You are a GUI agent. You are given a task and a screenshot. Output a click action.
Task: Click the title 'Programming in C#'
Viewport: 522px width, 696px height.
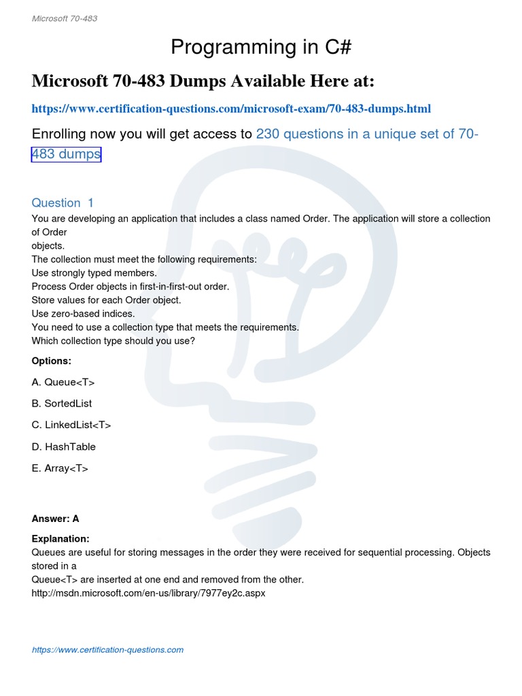261,48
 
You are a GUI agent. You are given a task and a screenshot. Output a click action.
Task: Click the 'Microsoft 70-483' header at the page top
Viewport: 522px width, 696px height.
65,18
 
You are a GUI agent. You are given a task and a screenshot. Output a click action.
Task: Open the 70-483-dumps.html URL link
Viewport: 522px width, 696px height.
231,109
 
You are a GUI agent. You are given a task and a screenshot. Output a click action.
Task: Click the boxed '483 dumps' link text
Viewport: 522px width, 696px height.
66,154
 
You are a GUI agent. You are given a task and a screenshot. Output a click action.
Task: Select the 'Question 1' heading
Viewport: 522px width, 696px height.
63,203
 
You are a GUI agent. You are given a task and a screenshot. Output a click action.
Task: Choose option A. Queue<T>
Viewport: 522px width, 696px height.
63,382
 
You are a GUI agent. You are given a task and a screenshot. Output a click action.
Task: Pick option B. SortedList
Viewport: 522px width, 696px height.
62,404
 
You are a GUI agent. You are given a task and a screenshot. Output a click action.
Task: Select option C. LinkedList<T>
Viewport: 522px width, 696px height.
71,425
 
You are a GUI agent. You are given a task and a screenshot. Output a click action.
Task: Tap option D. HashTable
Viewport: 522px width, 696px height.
64,447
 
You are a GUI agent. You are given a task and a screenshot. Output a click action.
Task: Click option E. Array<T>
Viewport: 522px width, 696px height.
60,469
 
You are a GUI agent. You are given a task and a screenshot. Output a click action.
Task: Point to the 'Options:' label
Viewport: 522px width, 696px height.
52,361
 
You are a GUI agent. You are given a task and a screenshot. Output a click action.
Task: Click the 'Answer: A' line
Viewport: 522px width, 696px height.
56,519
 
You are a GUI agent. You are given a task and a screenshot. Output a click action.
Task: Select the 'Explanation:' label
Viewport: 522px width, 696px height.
60,539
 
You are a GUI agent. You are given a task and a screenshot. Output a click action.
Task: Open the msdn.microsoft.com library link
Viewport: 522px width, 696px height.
148,593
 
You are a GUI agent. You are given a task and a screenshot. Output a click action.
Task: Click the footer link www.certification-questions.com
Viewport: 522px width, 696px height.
107,650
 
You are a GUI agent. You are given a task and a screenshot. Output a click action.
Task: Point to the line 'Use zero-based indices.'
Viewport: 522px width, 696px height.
84,314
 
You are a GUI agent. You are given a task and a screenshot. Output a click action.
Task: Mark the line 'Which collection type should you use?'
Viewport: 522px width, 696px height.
114,341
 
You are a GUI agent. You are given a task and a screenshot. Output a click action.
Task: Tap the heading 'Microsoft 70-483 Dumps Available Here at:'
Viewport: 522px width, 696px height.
203,82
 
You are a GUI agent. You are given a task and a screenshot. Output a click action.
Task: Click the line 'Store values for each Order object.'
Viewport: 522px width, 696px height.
107,300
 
